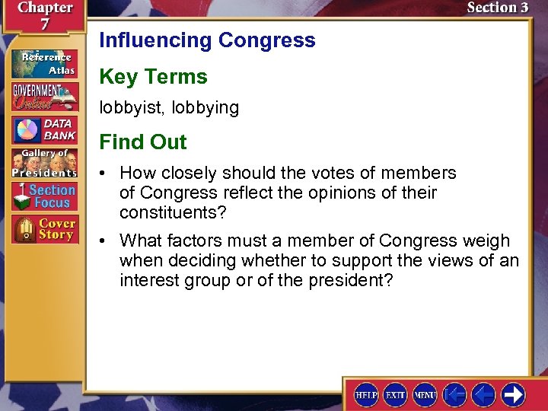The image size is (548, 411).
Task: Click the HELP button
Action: [x=367, y=394]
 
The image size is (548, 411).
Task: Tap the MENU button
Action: [x=425, y=394]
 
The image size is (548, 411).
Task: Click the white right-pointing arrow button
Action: [x=513, y=394]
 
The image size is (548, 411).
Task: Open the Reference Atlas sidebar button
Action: [x=44, y=63]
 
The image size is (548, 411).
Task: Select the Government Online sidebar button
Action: [x=44, y=96]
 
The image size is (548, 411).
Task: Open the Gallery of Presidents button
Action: [x=44, y=162]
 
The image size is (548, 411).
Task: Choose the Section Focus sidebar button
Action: [x=44, y=196]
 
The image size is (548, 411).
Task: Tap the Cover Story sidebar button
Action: [x=44, y=229]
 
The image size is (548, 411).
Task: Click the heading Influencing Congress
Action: [x=207, y=40]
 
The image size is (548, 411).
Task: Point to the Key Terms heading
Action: [x=153, y=77]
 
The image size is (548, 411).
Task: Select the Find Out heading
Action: [x=143, y=142]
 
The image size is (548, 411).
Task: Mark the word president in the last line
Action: [x=351, y=280]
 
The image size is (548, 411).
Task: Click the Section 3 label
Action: [x=497, y=8]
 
